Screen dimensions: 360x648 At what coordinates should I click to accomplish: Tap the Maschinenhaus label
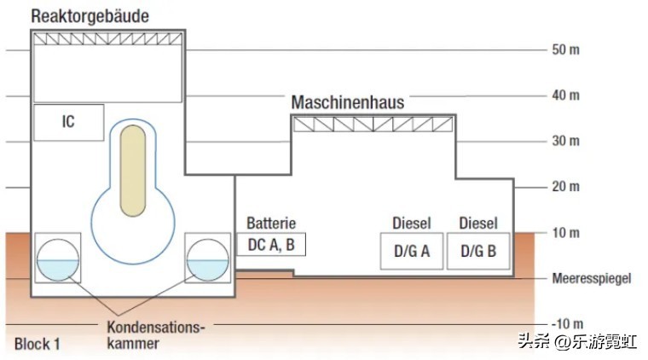[348, 102]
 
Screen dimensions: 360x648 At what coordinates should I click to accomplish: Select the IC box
[68, 122]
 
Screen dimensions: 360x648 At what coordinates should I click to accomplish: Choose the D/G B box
[478, 251]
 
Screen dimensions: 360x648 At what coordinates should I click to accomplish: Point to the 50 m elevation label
[565, 49]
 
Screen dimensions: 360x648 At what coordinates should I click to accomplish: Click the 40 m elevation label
[565, 95]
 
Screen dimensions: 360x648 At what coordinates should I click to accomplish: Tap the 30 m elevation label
[565, 141]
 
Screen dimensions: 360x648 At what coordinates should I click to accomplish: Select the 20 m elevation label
[565, 187]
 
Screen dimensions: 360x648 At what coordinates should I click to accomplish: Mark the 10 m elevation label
[565, 233]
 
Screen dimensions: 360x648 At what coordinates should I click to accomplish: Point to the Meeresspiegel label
[591, 279]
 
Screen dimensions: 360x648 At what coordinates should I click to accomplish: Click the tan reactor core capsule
[133, 170]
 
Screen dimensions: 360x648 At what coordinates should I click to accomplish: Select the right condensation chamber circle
[207, 258]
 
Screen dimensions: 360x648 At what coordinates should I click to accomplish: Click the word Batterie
[270, 224]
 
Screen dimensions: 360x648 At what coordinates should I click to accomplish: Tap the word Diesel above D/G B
[478, 224]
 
